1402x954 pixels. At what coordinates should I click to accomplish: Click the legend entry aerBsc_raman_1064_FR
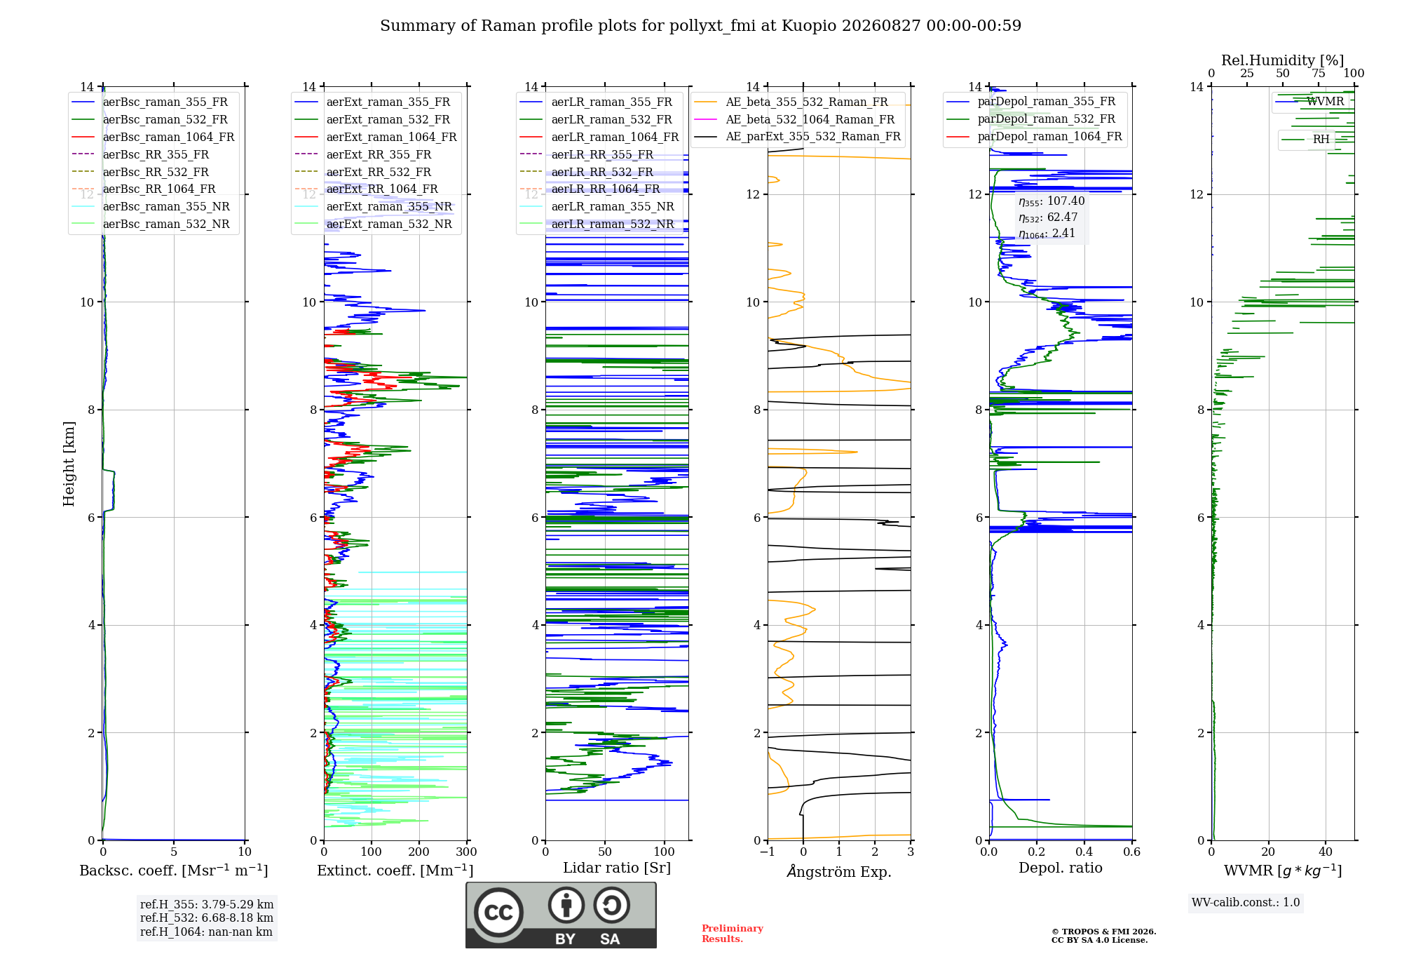[153, 137]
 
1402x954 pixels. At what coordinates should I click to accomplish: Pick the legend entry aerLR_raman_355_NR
[597, 207]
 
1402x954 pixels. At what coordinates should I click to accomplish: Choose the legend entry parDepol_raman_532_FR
[1030, 119]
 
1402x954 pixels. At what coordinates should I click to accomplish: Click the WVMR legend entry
[1309, 102]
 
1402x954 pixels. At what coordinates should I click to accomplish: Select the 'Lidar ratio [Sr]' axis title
[617, 868]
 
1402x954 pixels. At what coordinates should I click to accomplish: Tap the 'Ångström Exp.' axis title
[839, 872]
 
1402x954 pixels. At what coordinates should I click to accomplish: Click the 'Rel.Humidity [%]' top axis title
[1283, 60]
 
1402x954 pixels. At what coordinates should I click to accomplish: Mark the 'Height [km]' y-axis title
[69, 464]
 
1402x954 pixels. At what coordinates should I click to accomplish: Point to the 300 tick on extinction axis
[467, 852]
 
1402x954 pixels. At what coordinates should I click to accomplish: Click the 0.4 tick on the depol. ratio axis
[1084, 852]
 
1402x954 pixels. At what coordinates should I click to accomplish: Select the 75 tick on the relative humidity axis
[1319, 74]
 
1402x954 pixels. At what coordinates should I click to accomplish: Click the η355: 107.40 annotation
[1051, 201]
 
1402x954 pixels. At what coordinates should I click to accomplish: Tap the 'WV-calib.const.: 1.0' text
[1246, 903]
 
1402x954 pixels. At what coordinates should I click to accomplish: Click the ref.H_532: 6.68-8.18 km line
[207, 918]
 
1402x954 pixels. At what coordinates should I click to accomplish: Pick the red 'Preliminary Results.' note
[733, 934]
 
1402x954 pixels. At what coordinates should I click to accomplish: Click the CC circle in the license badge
[499, 913]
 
